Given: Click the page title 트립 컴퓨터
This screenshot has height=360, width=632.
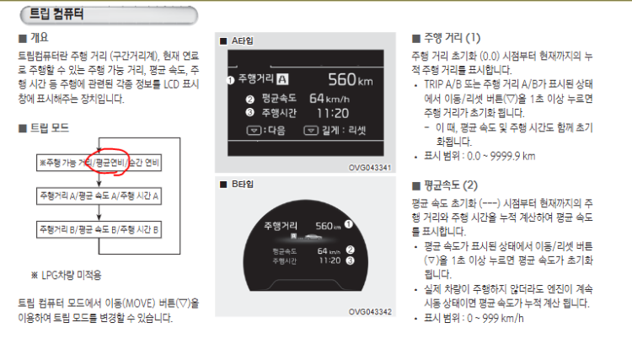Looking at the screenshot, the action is pyautogui.click(x=56, y=14).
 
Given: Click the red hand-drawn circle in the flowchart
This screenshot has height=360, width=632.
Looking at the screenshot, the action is pyautogui.click(x=108, y=162).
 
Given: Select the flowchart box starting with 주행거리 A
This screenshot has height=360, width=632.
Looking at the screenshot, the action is pyautogui.click(x=99, y=196).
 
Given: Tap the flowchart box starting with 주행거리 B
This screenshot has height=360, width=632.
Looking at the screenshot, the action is pyautogui.click(x=99, y=230).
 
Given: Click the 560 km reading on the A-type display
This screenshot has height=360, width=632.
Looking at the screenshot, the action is pyautogui.click(x=351, y=80).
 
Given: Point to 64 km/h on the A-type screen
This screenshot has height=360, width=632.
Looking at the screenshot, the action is pyautogui.click(x=329, y=99).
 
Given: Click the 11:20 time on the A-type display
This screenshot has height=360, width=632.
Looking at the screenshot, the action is pyautogui.click(x=333, y=113).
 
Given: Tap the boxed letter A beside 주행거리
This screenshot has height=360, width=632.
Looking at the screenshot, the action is pyautogui.click(x=282, y=79).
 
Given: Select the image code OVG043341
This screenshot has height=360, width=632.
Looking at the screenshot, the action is pyautogui.click(x=370, y=168).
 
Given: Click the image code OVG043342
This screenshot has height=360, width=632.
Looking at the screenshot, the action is pyautogui.click(x=370, y=312).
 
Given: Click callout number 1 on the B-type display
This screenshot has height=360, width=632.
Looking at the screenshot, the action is pyautogui.click(x=349, y=224).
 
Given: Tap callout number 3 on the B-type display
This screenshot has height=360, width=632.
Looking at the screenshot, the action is pyautogui.click(x=351, y=261).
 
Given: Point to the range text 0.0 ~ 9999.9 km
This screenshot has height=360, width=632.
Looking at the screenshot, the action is pyautogui.click(x=501, y=157).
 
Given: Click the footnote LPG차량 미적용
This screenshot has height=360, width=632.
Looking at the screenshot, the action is pyautogui.click(x=72, y=276).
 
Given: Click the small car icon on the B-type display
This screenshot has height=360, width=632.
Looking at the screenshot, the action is pyautogui.click(x=313, y=237).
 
